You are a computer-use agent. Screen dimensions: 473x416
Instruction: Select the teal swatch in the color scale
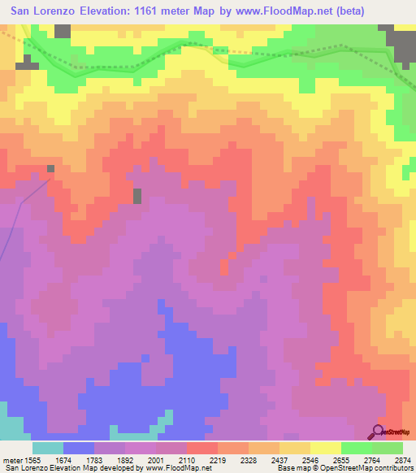pyautogui.click(x=47, y=448)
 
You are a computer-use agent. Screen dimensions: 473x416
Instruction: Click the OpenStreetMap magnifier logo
pyautogui.click(x=379, y=431)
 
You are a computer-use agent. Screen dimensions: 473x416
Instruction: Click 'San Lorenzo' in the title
pyautogui.click(x=45, y=11)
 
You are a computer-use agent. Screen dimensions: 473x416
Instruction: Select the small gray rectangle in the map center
pyautogui.click(x=137, y=196)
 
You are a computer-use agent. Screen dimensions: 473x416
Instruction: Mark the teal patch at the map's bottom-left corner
pyautogui.click(x=10, y=427)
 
